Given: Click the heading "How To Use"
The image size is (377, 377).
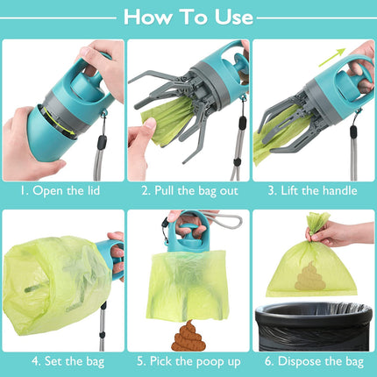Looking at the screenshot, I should tap(188, 16).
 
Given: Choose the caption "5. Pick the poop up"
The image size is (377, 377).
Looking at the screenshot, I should tap(188, 359).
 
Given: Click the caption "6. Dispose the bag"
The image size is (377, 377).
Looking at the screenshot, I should tap(313, 359).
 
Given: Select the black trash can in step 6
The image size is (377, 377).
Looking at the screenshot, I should tap(313, 328).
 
